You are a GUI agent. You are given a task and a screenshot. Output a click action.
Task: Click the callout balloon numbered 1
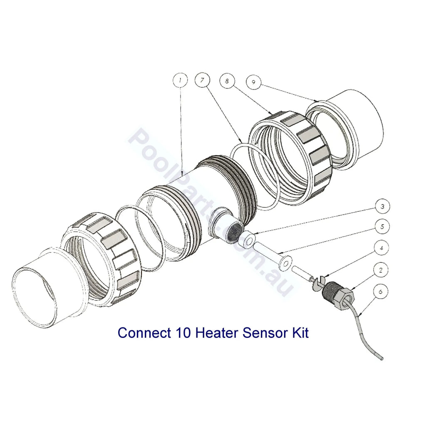[x=180, y=80]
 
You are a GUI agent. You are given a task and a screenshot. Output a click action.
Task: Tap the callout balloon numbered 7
[x=203, y=80]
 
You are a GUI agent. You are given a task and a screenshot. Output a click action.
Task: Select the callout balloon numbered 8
[x=227, y=81]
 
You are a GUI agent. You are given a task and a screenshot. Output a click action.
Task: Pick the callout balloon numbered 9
[x=253, y=82]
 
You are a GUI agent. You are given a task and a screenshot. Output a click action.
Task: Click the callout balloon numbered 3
[x=382, y=206]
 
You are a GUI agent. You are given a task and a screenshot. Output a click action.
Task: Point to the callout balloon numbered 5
[x=382, y=227]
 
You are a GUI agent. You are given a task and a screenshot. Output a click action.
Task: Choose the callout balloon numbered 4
[x=381, y=248]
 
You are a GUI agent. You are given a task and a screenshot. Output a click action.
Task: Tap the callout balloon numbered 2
[x=381, y=270]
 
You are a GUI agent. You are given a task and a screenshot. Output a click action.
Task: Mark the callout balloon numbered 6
[x=380, y=292]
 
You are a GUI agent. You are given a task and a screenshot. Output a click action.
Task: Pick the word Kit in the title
[x=301, y=332]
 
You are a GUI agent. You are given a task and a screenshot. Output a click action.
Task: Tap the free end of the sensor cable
[x=382, y=359]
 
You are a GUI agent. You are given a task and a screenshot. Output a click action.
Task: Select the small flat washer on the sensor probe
[x=284, y=263]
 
